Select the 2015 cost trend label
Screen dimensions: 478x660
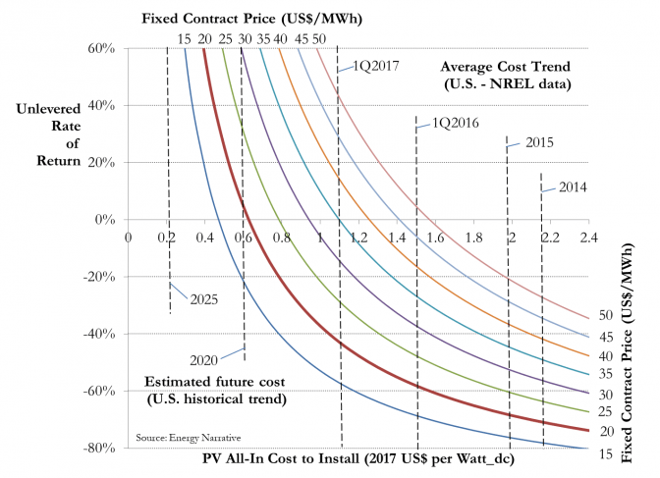coord(540,142)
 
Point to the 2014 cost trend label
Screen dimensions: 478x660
coord(573,186)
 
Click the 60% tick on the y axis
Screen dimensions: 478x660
coord(103,48)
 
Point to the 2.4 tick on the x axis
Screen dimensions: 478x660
coord(587,238)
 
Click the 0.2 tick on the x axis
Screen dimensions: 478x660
coord(166,238)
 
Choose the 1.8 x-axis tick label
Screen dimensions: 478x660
coord(472,238)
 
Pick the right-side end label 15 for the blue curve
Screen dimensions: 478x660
coord(607,452)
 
